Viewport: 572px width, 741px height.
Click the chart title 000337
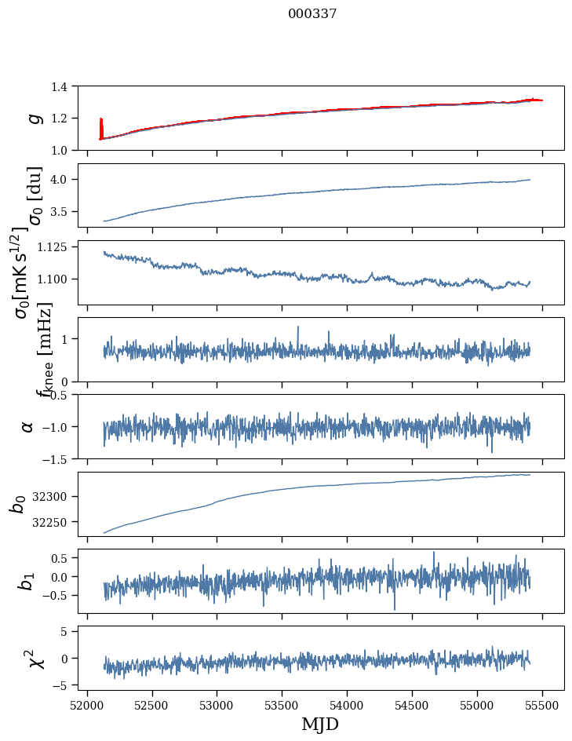[312, 14]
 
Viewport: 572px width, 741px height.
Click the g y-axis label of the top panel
[34, 118]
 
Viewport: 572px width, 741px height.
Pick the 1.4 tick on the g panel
[67, 86]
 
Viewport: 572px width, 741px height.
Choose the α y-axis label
[27, 426]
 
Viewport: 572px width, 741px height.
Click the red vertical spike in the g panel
[101, 128]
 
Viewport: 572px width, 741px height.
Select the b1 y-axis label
[27, 581]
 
